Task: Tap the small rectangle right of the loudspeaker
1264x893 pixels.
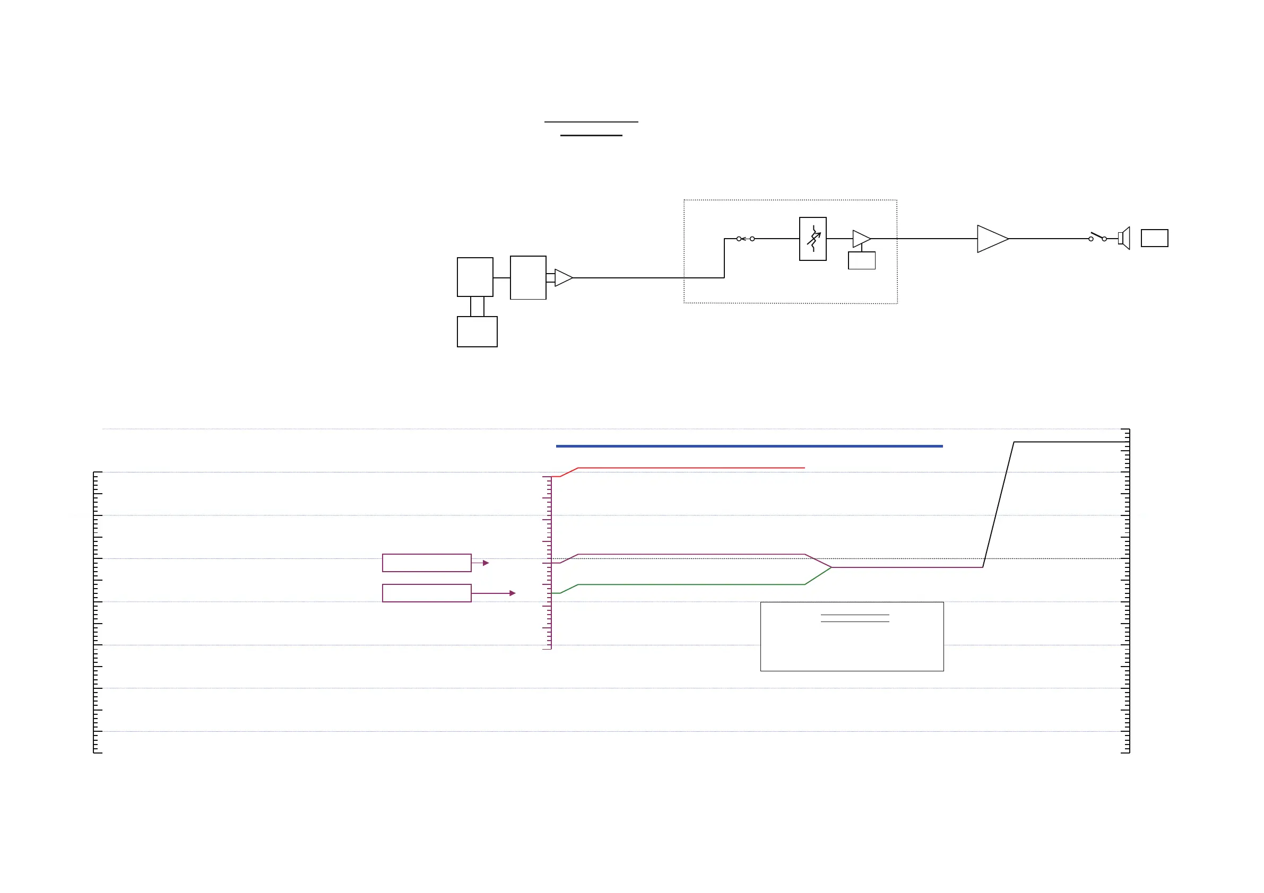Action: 1155,238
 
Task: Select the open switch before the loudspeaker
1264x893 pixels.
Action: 1097,237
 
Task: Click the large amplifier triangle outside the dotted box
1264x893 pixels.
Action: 991,239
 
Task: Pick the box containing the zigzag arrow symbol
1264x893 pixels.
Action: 812,239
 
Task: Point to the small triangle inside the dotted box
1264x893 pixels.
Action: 860,239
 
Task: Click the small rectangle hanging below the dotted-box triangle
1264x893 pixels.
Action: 862,260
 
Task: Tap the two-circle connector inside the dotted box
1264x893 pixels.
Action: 746,239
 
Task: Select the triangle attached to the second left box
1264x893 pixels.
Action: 562,278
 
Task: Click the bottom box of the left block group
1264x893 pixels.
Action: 477,331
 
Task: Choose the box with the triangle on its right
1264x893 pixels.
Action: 528,277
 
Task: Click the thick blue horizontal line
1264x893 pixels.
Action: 749,446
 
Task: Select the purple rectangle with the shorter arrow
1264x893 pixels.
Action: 427,563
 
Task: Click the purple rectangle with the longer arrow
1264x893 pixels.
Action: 427,593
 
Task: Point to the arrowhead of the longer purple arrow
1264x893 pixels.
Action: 513,593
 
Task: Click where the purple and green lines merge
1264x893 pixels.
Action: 831,567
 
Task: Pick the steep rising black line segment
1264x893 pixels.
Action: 998,504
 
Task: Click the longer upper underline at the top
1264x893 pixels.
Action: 591,121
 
